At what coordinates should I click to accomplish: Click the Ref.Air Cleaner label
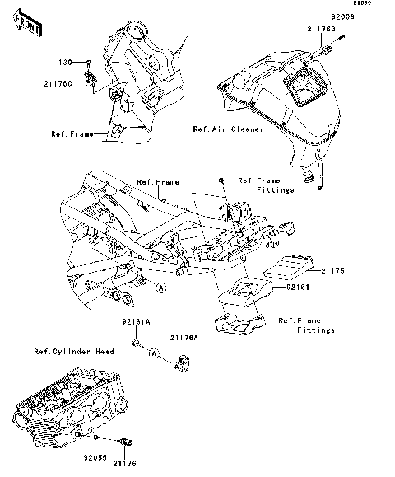pyautogui.click(x=227, y=129)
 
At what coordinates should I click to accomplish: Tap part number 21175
pyautogui.click(x=336, y=269)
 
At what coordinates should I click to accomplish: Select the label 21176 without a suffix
pyautogui.click(x=124, y=464)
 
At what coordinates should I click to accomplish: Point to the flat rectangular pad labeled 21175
pyautogui.click(x=294, y=265)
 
